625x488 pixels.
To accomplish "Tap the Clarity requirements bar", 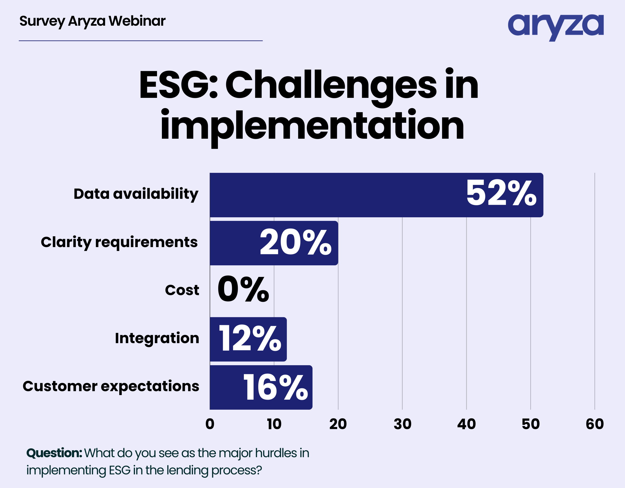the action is (x=274, y=243).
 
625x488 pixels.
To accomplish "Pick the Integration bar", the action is (x=248, y=339).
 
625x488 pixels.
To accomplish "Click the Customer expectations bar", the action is (x=261, y=387).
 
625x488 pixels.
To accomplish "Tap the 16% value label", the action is (x=275, y=387).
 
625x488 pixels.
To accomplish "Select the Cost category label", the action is (x=182, y=290).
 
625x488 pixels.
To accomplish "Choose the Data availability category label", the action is (x=136, y=194).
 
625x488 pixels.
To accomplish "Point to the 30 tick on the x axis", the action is (x=402, y=424).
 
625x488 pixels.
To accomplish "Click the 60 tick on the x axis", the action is (x=595, y=424).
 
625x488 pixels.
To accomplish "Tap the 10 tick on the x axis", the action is (x=274, y=424).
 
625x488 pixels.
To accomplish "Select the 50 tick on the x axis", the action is (x=531, y=424).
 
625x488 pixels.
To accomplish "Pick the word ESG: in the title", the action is (x=179, y=85).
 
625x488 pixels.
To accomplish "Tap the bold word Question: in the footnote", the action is (x=54, y=453).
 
